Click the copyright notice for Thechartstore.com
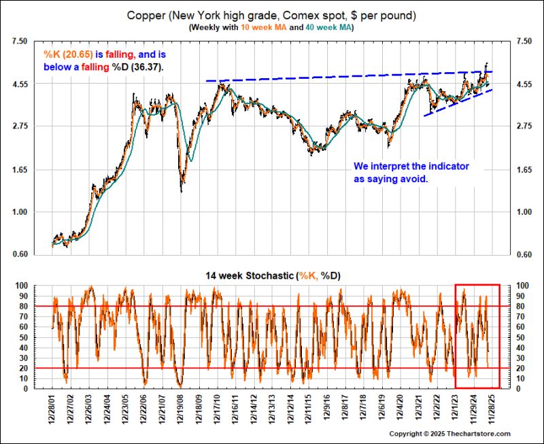pyautogui.click(x=449, y=434)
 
